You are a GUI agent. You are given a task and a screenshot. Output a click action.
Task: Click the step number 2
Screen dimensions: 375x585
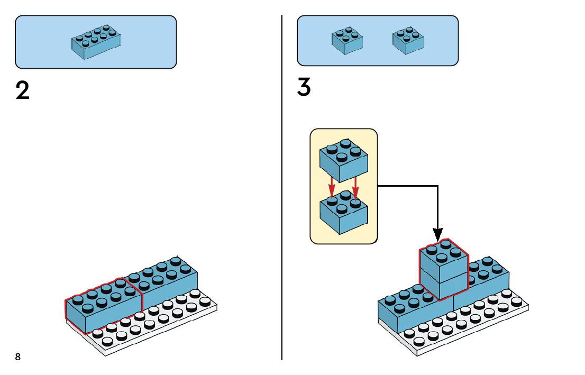pyautogui.click(x=23, y=91)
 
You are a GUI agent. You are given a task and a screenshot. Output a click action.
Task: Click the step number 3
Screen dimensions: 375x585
pyautogui.click(x=304, y=87)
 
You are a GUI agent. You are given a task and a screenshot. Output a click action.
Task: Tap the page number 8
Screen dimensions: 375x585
pyautogui.click(x=18, y=357)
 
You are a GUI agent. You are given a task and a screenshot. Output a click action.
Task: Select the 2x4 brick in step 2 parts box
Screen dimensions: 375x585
pyautogui.click(x=96, y=42)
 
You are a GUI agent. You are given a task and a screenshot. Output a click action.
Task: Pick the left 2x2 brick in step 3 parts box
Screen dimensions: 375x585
pyautogui.click(x=347, y=40)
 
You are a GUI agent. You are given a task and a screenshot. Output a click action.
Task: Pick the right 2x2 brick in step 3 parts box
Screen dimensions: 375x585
pyautogui.click(x=408, y=40)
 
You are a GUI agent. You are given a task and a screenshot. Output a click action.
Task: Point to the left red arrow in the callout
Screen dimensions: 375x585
pyautogui.click(x=332, y=186)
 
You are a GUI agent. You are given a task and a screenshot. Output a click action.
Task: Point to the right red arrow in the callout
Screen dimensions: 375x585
pyautogui.click(x=355, y=186)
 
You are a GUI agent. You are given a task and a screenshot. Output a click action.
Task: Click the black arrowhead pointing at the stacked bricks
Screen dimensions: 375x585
pyautogui.click(x=437, y=233)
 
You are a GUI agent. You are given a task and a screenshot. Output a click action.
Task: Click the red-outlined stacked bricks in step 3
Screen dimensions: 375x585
pyautogui.click(x=444, y=270)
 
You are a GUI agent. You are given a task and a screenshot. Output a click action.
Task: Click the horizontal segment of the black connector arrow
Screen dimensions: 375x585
pyautogui.click(x=407, y=186)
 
